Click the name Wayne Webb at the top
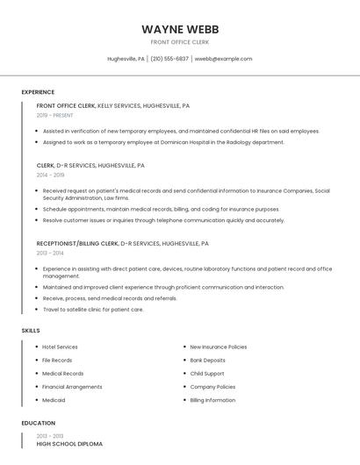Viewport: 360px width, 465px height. [179, 29]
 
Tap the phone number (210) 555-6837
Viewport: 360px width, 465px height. [169, 59]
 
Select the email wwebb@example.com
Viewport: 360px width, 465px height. [223, 59]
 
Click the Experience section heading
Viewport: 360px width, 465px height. [38, 92]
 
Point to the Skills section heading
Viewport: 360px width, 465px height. [31, 330]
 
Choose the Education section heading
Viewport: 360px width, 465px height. [39, 423]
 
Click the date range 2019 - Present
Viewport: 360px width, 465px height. [54, 115]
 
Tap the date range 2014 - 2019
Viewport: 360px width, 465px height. [50, 175]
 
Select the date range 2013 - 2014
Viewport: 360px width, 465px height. [50, 253]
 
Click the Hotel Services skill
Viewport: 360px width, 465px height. [60, 347]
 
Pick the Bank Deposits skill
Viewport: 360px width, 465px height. [207, 361]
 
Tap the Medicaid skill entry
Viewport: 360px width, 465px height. [54, 400]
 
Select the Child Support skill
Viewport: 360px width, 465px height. [207, 374]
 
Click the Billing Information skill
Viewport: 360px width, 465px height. [212, 400]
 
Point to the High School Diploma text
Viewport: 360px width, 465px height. [69, 444]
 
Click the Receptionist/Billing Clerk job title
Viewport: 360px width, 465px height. [77, 243]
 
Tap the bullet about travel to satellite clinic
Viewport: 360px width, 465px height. [93, 310]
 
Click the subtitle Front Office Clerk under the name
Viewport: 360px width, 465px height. [179, 42]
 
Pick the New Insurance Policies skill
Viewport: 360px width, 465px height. [218, 347]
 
